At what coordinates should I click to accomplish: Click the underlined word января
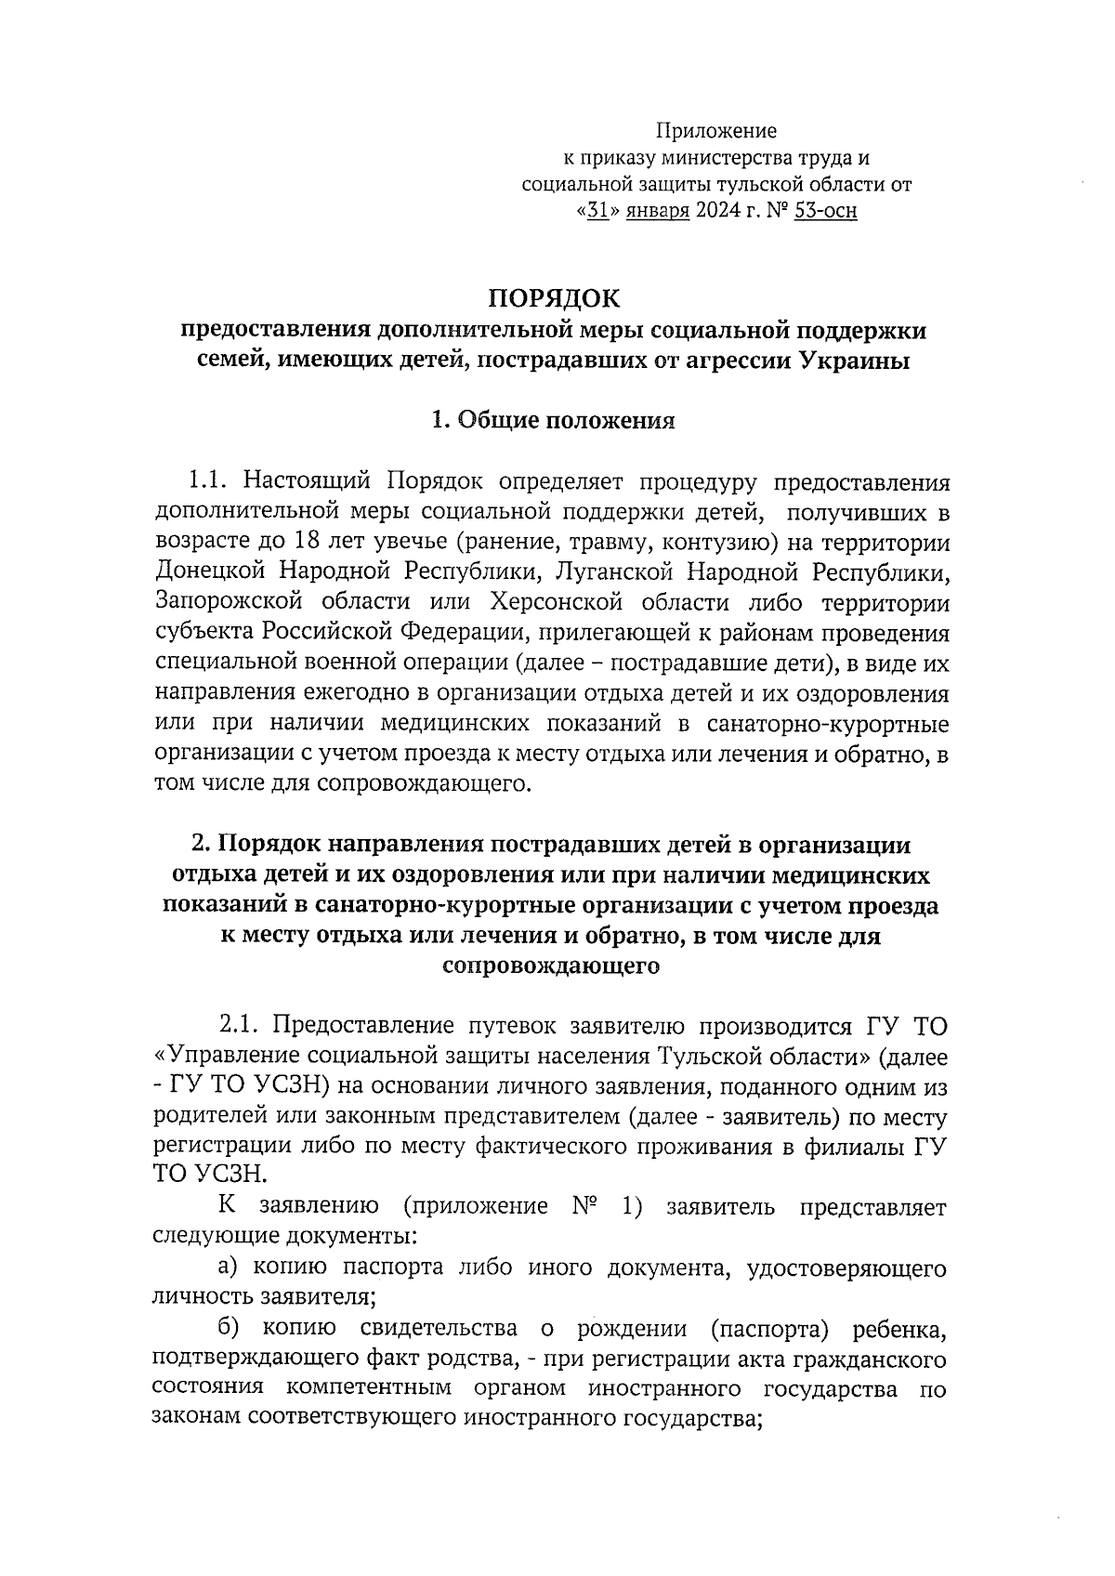pos(657,212)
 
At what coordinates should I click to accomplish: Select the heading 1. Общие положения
pos(553,421)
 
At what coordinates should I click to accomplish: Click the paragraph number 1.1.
pos(207,482)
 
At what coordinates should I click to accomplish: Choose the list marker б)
pos(229,1331)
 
